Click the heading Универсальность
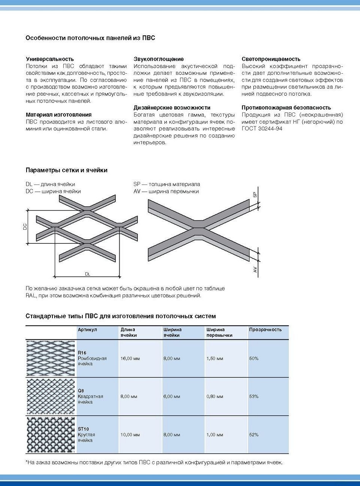[50, 59]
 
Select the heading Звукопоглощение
[158, 59]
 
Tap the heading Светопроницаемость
[271, 59]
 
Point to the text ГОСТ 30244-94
[262, 128]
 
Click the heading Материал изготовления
[58, 114]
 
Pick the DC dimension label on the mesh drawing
[25, 227]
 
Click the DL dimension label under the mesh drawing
[88, 273]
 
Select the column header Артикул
[87, 330]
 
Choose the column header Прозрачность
[265, 330]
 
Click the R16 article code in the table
[82, 353]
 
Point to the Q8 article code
[81, 391]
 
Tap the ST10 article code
[83, 429]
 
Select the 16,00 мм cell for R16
[129, 358]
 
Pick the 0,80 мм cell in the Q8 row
[215, 396]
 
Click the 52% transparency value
[254, 435]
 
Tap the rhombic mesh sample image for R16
[51, 358]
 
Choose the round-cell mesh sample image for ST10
[51, 435]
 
